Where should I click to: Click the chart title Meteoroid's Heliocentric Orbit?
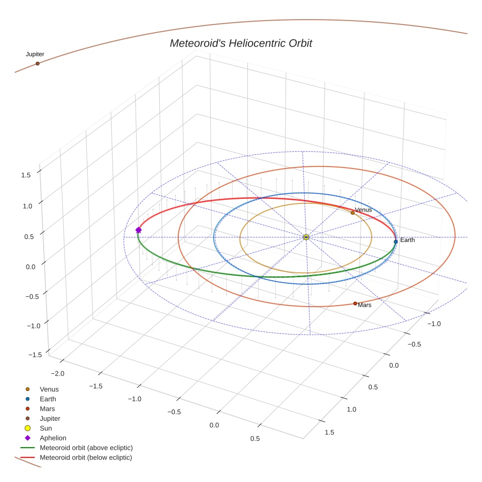click(x=241, y=44)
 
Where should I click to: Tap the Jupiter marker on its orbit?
click(x=37, y=64)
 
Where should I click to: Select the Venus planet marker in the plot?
click(x=353, y=213)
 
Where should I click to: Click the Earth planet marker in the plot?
click(x=396, y=241)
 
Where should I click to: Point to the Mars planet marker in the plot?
click(x=355, y=304)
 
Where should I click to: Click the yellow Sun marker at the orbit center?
click(x=306, y=237)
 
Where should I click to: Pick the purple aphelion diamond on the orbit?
click(x=139, y=230)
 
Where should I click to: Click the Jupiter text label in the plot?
click(x=35, y=54)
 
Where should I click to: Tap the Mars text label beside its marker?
click(x=364, y=305)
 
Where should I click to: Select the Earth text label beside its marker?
click(x=407, y=240)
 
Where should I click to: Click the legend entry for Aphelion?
click(x=53, y=438)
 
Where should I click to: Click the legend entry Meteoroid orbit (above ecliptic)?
click(x=86, y=448)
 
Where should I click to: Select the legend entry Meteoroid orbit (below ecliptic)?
click(x=86, y=458)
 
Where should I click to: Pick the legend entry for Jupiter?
click(x=50, y=418)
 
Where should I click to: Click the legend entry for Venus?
click(x=49, y=389)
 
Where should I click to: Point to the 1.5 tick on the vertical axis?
click(x=27, y=174)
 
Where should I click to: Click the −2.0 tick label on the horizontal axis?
click(x=57, y=374)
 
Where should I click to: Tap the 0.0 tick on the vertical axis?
click(x=30, y=266)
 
